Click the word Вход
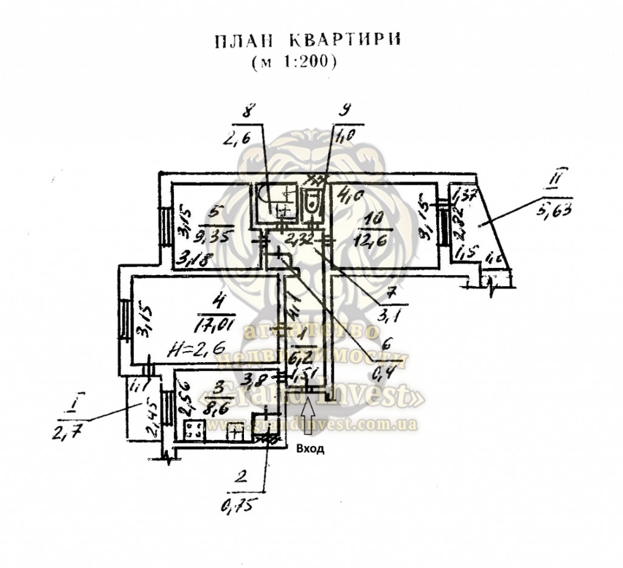click(310, 450)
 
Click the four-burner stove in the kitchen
click(195, 431)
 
